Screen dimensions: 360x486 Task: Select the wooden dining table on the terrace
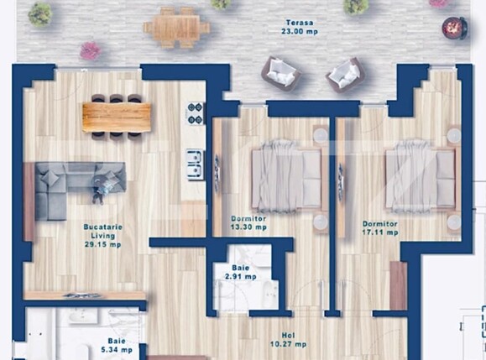click(176, 28)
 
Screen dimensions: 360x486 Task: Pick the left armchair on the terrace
click(280, 73)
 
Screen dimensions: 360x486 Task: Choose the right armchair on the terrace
click(345, 75)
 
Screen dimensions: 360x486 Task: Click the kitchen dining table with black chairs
click(117, 117)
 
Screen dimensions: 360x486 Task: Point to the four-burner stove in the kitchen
click(195, 113)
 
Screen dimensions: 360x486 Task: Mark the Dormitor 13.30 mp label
click(248, 222)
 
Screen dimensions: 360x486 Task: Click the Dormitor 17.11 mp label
click(380, 229)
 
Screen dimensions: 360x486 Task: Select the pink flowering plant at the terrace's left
click(90, 51)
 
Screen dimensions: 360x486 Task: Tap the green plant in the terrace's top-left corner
click(39, 13)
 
